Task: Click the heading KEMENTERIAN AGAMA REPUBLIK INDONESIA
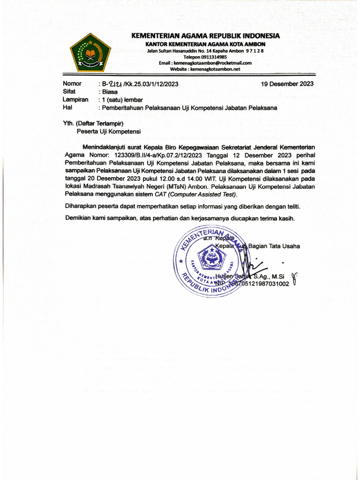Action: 205,36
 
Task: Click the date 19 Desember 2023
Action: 287,84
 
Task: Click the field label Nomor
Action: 72,84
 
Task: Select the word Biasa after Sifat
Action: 110,92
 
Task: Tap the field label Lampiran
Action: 75,99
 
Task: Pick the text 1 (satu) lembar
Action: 122,99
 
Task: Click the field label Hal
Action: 67,107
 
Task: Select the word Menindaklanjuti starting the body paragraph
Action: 106,147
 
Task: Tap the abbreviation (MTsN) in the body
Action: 176,187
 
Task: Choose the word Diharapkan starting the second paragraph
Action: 81,206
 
